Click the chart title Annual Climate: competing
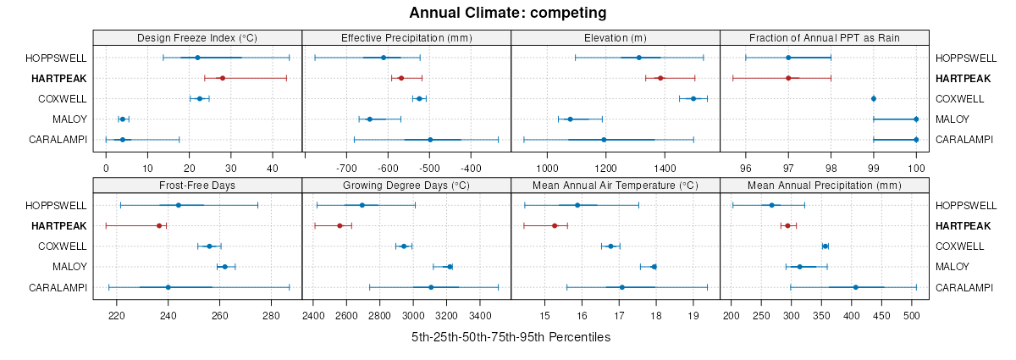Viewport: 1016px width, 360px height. point(507,13)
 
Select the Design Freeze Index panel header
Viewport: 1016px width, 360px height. point(197,37)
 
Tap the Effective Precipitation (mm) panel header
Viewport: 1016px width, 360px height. point(406,37)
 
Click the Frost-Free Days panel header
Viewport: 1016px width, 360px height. point(197,186)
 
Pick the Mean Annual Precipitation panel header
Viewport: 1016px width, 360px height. point(825,186)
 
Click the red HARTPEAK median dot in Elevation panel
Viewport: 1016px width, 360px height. point(660,78)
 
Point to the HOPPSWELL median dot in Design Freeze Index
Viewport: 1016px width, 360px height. point(197,58)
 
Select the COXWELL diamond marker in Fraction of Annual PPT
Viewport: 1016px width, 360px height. point(874,98)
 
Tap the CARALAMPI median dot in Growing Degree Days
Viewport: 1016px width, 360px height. point(431,287)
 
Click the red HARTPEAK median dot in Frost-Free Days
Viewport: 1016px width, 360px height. point(159,225)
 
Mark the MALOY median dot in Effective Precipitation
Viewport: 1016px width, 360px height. point(370,119)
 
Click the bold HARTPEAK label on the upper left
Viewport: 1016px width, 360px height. point(59,78)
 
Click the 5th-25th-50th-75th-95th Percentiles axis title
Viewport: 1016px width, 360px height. point(511,336)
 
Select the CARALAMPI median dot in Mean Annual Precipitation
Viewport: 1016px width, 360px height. point(856,287)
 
